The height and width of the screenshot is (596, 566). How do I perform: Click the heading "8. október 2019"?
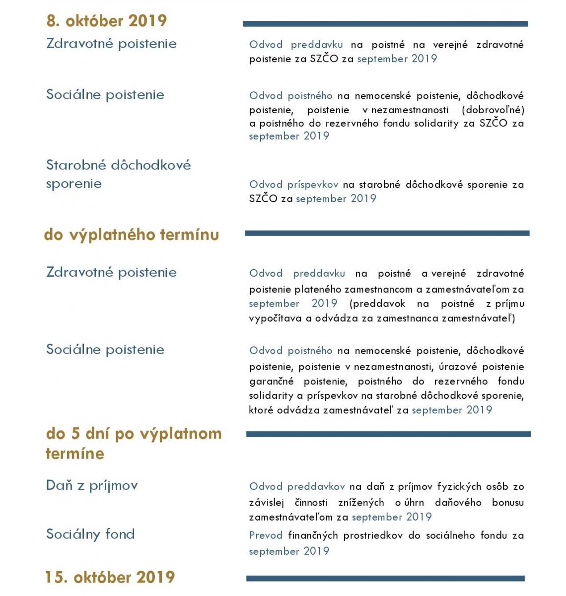coord(106,21)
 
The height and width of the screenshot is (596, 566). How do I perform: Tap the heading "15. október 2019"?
coord(110,577)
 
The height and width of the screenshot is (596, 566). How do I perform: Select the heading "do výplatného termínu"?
coord(131,234)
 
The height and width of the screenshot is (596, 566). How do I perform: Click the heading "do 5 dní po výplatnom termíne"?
coord(133,443)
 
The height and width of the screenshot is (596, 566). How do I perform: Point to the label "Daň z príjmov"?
coord(92,485)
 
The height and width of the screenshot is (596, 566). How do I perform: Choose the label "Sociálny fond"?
coord(90,534)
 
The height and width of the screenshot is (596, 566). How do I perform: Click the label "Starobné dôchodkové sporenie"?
coord(118,174)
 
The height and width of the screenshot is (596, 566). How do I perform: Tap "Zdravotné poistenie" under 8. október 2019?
coord(111,44)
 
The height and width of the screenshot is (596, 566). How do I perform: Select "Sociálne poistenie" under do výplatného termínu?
coord(105,350)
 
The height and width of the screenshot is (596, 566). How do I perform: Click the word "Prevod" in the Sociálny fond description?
coord(266,535)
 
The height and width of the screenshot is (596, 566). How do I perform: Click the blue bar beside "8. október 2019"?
coord(385,24)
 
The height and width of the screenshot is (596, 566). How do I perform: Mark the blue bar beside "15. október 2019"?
coord(385,579)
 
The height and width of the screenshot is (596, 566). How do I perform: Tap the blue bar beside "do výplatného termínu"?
coord(387,233)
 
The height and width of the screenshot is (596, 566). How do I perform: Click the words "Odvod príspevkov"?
coord(293,185)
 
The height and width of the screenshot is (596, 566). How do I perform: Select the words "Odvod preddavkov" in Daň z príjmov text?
coord(297,487)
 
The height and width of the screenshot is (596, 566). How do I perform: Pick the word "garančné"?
coord(271,381)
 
